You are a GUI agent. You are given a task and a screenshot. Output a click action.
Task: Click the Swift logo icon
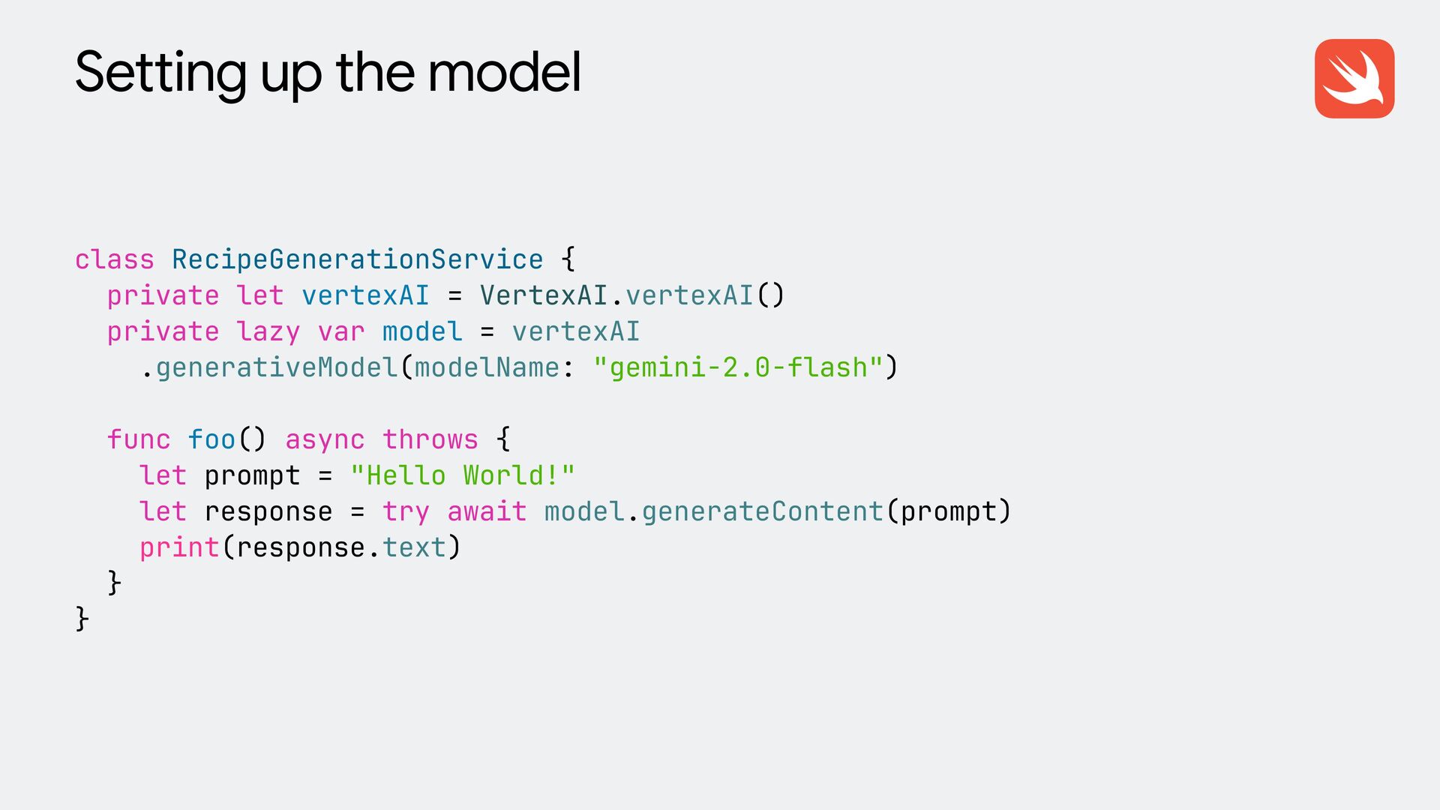coord(1354,79)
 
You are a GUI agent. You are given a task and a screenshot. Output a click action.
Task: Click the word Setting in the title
coord(160,73)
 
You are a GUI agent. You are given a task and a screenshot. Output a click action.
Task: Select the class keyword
coord(115,259)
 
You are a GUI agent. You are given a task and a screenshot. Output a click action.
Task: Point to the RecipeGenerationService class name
coord(357,259)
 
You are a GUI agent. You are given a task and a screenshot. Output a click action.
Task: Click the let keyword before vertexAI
coord(260,295)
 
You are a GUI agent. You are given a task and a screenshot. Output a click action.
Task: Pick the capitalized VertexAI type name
coord(544,295)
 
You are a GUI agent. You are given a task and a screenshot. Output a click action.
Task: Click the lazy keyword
coord(268,331)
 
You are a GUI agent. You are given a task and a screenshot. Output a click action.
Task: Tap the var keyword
coord(341,331)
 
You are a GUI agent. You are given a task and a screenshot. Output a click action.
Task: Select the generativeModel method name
coord(277,367)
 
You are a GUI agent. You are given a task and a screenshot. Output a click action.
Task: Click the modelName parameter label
coord(487,367)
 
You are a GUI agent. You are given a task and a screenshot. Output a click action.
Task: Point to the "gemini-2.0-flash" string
coord(738,367)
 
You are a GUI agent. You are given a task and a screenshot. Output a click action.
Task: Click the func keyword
coord(139,439)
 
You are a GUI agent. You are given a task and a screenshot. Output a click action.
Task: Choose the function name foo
coord(211,439)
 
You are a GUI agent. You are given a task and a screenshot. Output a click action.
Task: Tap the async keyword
coord(325,439)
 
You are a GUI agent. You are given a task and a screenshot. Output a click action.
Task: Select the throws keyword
coord(430,439)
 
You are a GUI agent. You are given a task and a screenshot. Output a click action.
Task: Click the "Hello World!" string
coord(462,475)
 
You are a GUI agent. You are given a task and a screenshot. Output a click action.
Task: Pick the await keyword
coord(487,511)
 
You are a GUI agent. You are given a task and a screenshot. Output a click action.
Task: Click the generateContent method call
coord(762,511)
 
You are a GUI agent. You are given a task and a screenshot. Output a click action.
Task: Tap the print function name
coord(179,547)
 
